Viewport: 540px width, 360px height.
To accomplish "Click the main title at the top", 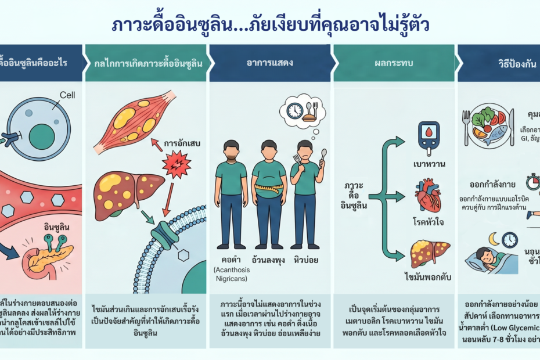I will (269, 26).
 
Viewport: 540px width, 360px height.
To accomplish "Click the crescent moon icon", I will (494, 239).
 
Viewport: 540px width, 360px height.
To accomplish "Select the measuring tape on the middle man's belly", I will (268, 189).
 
